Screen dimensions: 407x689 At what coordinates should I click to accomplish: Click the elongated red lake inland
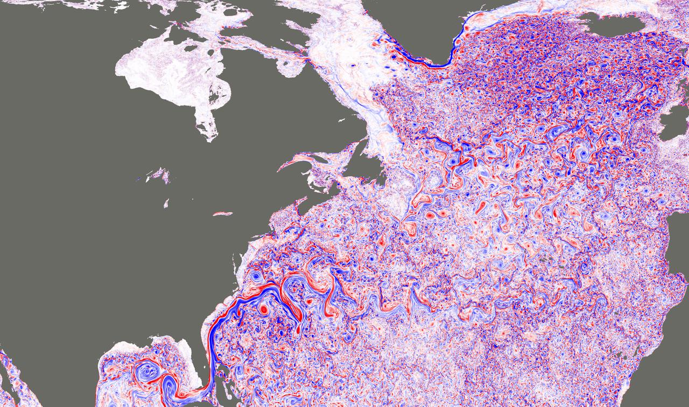click(222, 214)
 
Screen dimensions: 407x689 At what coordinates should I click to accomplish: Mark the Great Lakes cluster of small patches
click(156, 175)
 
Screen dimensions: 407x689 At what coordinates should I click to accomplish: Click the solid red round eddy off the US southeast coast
click(264, 309)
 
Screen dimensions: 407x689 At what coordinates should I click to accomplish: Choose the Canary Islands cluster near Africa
click(624, 355)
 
